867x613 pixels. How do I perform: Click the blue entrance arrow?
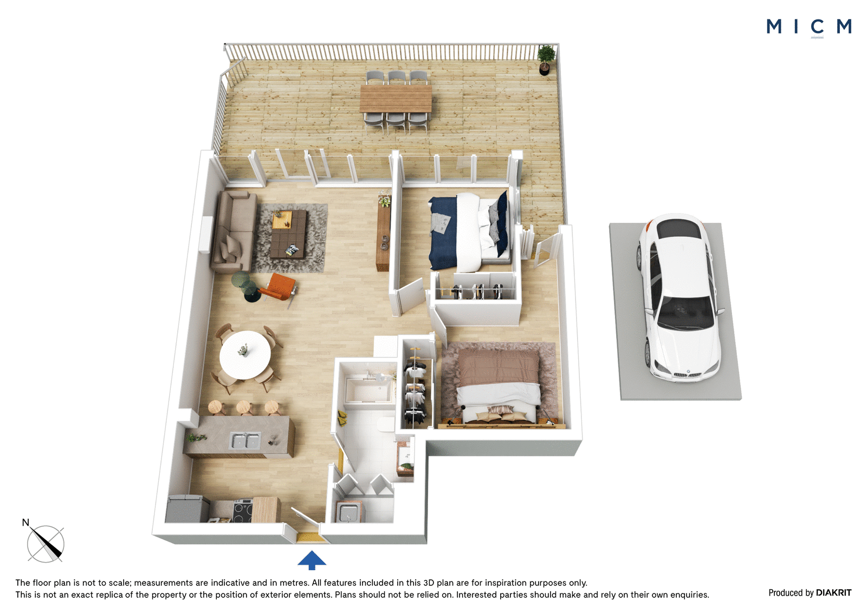coord(312,560)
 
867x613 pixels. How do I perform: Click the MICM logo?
coord(808,27)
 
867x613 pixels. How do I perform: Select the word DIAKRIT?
coord(833,592)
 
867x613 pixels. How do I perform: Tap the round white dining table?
coord(245,354)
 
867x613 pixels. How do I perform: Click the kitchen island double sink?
coord(245,441)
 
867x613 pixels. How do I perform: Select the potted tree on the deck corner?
coord(546,60)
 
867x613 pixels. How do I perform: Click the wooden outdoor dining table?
coord(396,98)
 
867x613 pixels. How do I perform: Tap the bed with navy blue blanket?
coord(469,231)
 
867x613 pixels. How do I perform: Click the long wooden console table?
coord(384,233)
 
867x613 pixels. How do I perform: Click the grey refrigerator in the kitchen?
coord(187,508)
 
